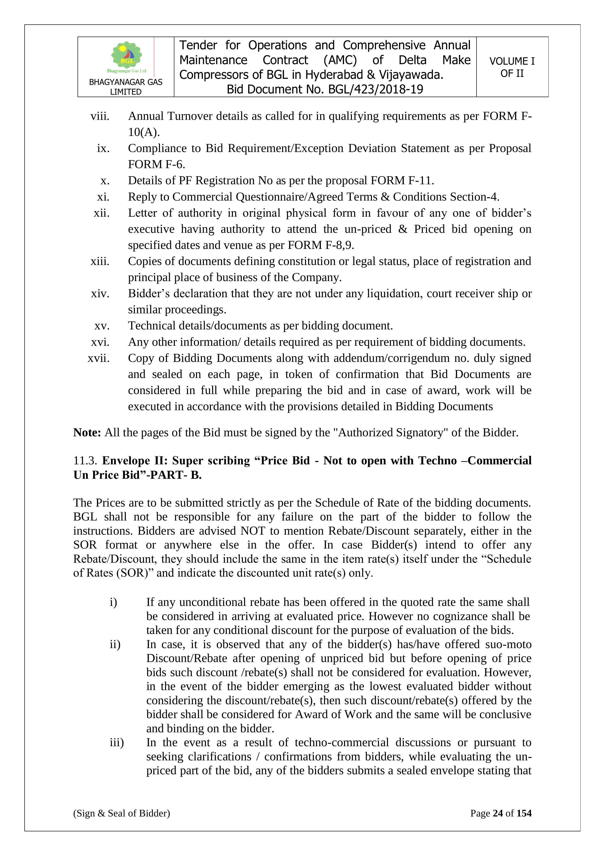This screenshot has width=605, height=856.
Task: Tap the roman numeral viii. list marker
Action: [x=100, y=116]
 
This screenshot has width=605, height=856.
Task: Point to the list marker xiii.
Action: [x=100, y=261]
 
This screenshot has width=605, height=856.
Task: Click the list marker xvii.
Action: [x=99, y=358]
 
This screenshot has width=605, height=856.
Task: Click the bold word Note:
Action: [x=87, y=432]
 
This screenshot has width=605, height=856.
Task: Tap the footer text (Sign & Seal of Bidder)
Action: [x=121, y=813]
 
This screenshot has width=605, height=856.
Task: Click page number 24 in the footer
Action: [x=498, y=813]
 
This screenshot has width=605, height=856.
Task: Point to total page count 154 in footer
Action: [x=524, y=813]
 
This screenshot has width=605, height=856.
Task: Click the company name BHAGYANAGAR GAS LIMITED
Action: [x=126, y=87]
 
